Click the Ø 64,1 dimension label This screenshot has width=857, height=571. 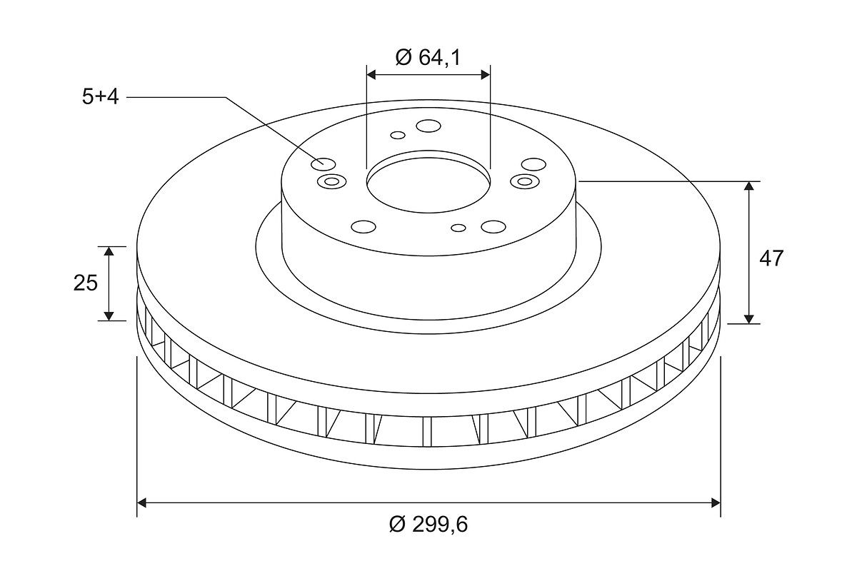click(x=428, y=57)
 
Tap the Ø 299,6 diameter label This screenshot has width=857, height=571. click(x=428, y=525)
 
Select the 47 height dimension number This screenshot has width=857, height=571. click(x=771, y=258)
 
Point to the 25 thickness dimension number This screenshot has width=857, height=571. click(x=85, y=283)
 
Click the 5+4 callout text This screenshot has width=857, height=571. click(x=100, y=97)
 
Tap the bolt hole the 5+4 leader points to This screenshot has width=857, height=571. click(x=324, y=164)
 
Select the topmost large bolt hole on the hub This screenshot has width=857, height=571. click(x=428, y=126)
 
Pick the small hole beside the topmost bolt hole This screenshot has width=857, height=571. click(x=398, y=135)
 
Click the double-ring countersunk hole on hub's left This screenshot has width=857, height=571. click(x=331, y=181)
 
